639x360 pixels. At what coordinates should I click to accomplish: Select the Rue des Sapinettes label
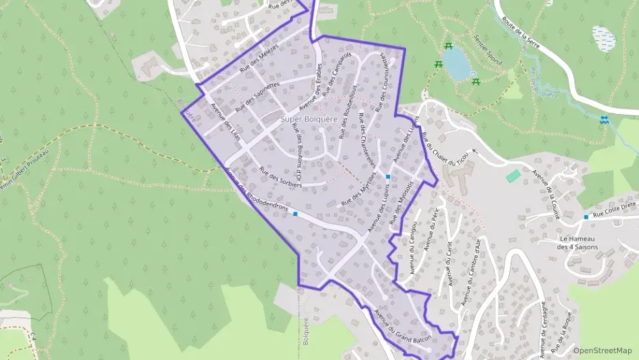[257, 97]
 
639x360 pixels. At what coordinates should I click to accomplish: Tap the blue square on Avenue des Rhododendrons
[296, 214]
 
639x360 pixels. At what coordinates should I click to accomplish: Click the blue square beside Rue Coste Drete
[586, 217]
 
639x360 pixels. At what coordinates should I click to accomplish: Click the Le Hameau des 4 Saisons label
[577, 243]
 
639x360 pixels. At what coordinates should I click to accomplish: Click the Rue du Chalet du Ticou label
[444, 145]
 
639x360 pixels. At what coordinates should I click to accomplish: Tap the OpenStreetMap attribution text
[602, 350]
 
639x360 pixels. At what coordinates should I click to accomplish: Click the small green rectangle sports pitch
[513, 176]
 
